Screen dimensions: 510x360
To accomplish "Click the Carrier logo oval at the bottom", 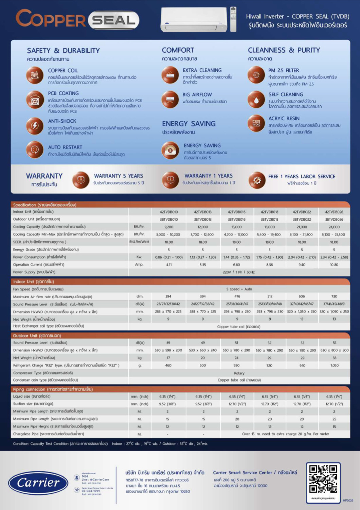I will [38, 482].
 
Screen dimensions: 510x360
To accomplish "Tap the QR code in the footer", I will [323, 479].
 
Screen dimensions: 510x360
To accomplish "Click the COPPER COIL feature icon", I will [35, 75].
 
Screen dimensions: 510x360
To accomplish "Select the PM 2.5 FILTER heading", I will [284, 70].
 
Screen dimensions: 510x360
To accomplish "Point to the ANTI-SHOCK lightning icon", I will [35, 126].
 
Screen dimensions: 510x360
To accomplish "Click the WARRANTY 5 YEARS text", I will [119, 176].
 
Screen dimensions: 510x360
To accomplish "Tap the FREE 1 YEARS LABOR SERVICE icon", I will [257, 180].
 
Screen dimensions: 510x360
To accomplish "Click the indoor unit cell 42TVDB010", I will [169, 212].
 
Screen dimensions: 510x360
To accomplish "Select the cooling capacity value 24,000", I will [334, 227].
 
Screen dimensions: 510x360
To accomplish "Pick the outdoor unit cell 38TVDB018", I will [269, 219].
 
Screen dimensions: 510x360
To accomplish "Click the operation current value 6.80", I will [236, 264].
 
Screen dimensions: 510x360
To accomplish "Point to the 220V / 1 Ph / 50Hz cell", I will [239, 272].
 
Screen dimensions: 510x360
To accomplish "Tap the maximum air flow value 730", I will [334, 296].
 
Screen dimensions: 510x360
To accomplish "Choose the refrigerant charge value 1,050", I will [334, 365].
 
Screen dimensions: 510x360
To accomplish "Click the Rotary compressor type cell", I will [239, 373].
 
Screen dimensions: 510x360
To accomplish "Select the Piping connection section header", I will [53, 389].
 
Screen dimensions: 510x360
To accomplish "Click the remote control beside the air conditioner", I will [233, 19].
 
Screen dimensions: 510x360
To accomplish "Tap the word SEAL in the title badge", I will [114, 20].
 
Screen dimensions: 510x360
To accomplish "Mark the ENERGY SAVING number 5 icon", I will [170, 151].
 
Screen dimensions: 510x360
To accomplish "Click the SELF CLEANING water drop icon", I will [256, 100].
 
